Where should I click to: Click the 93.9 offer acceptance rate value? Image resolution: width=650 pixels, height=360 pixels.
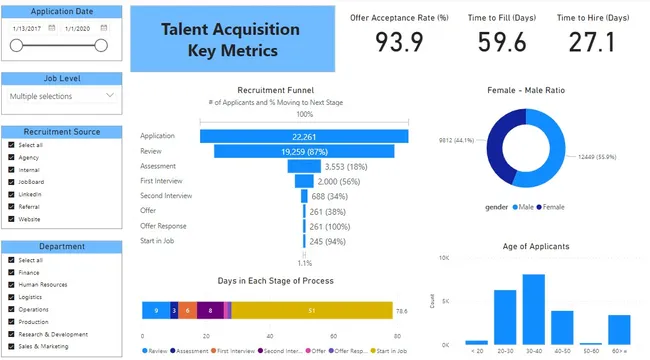click(x=399, y=42)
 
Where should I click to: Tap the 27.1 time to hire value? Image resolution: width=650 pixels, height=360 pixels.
click(x=592, y=42)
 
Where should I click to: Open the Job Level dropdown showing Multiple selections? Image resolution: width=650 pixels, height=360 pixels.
click(x=63, y=96)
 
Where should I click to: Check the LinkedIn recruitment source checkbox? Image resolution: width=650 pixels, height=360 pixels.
click(x=11, y=194)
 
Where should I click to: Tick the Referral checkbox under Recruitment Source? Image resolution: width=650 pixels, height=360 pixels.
click(x=11, y=206)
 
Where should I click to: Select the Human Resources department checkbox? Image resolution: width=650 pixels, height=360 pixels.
click(x=11, y=284)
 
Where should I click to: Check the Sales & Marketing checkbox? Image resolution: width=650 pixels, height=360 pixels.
click(x=11, y=346)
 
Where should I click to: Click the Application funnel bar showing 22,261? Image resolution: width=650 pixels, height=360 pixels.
click(x=304, y=136)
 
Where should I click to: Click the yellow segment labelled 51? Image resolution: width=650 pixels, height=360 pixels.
click(x=312, y=311)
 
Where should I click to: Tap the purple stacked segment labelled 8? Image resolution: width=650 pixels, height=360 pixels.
click(x=209, y=311)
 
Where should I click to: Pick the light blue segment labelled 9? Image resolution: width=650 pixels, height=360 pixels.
click(x=155, y=311)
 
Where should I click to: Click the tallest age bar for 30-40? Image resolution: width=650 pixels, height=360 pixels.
click(x=534, y=309)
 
